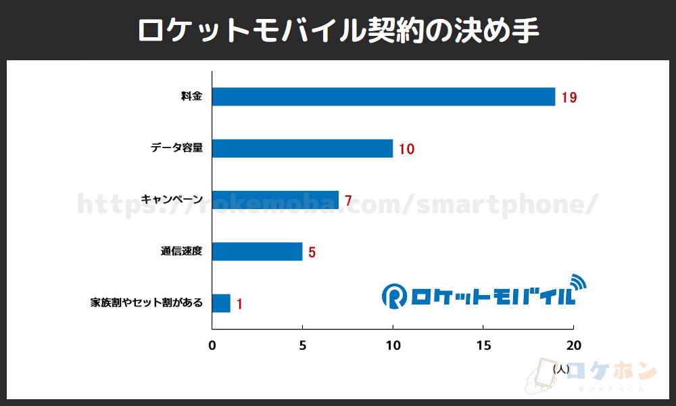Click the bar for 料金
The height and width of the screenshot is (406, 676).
click(x=383, y=97)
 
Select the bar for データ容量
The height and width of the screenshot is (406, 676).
click(x=302, y=148)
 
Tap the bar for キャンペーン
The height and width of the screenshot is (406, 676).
click(x=275, y=200)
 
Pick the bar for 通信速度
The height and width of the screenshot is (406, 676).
click(x=257, y=252)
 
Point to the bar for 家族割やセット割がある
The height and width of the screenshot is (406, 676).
click(x=221, y=303)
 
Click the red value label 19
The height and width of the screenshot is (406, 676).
click(x=569, y=97)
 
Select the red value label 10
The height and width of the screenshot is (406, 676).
click(x=406, y=149)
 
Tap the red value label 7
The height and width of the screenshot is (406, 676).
click(x=348, y=200)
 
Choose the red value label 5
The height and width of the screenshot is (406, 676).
click(x=312, y=252)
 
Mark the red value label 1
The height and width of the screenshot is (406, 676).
click(x=239, y=304)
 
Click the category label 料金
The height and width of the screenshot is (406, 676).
click(x=191, y=97)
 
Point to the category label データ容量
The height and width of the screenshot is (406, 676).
click(x=176, y=148)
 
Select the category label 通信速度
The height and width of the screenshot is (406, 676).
click(x=181, y=252)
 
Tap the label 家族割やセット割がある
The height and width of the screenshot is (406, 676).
click(x=146, y=303)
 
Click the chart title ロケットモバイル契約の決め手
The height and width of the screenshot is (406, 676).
click(x=338, y=30)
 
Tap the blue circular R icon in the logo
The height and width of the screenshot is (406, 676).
click(x=393, y=294)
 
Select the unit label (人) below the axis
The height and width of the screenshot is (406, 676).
click(x=560, y=369)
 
